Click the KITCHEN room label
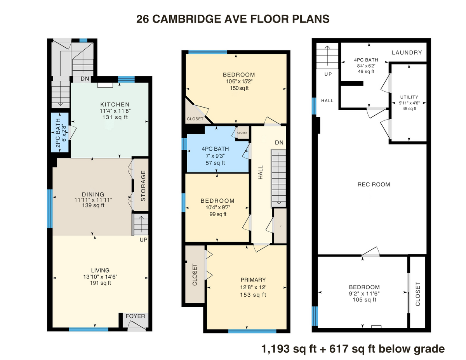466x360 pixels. (x=115, y=104)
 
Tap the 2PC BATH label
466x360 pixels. (x=58, y=133)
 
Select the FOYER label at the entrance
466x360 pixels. (x=135, y=316)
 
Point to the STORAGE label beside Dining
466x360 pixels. (x=143, y=186)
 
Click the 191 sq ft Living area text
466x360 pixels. (x=101, y=283)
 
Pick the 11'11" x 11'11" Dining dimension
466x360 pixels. (x=93, y=200)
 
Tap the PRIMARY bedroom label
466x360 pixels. (x=253, y=280)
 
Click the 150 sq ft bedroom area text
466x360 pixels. (x=239, y=88)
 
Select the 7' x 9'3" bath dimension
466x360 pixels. (x=215, y=156)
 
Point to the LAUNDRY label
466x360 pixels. (x=407, y=52)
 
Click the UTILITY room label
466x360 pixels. (x=409, y=97)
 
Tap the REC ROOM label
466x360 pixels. (x=374, y=184)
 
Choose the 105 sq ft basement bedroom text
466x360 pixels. (x=365, y=299)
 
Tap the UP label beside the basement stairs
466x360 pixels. (x=328, y=74)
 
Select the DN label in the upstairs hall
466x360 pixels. (x=279, y=143)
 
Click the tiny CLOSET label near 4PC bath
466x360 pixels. (x=242, y=133)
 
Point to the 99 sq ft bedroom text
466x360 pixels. (x=218, y=214)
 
